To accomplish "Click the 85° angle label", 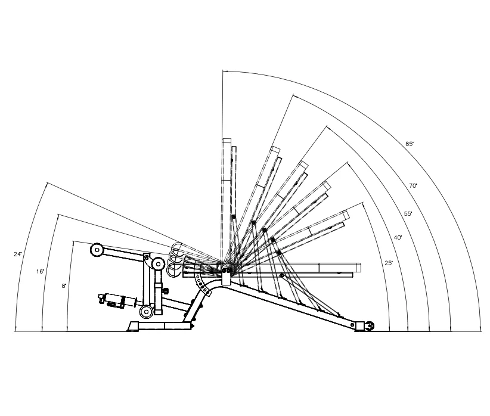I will (410, 144).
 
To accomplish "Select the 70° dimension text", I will (413, 186).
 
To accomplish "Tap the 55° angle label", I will (408, 213).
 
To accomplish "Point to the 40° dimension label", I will (398, 238).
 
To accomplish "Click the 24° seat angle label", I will (18, 254).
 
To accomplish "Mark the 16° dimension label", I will (40, 272).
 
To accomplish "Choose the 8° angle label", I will (64, 286).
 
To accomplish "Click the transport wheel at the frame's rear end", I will (370, 325).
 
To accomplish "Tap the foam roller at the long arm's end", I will (96, 249).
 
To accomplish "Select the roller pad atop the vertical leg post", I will (158, 263).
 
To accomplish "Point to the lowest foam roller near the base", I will (146, 311).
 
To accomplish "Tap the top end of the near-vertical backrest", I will (227, 142).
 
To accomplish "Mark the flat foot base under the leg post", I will (160, 325).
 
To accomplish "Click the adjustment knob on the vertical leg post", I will (165, 291).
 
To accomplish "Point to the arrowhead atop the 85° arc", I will (224, 72).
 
